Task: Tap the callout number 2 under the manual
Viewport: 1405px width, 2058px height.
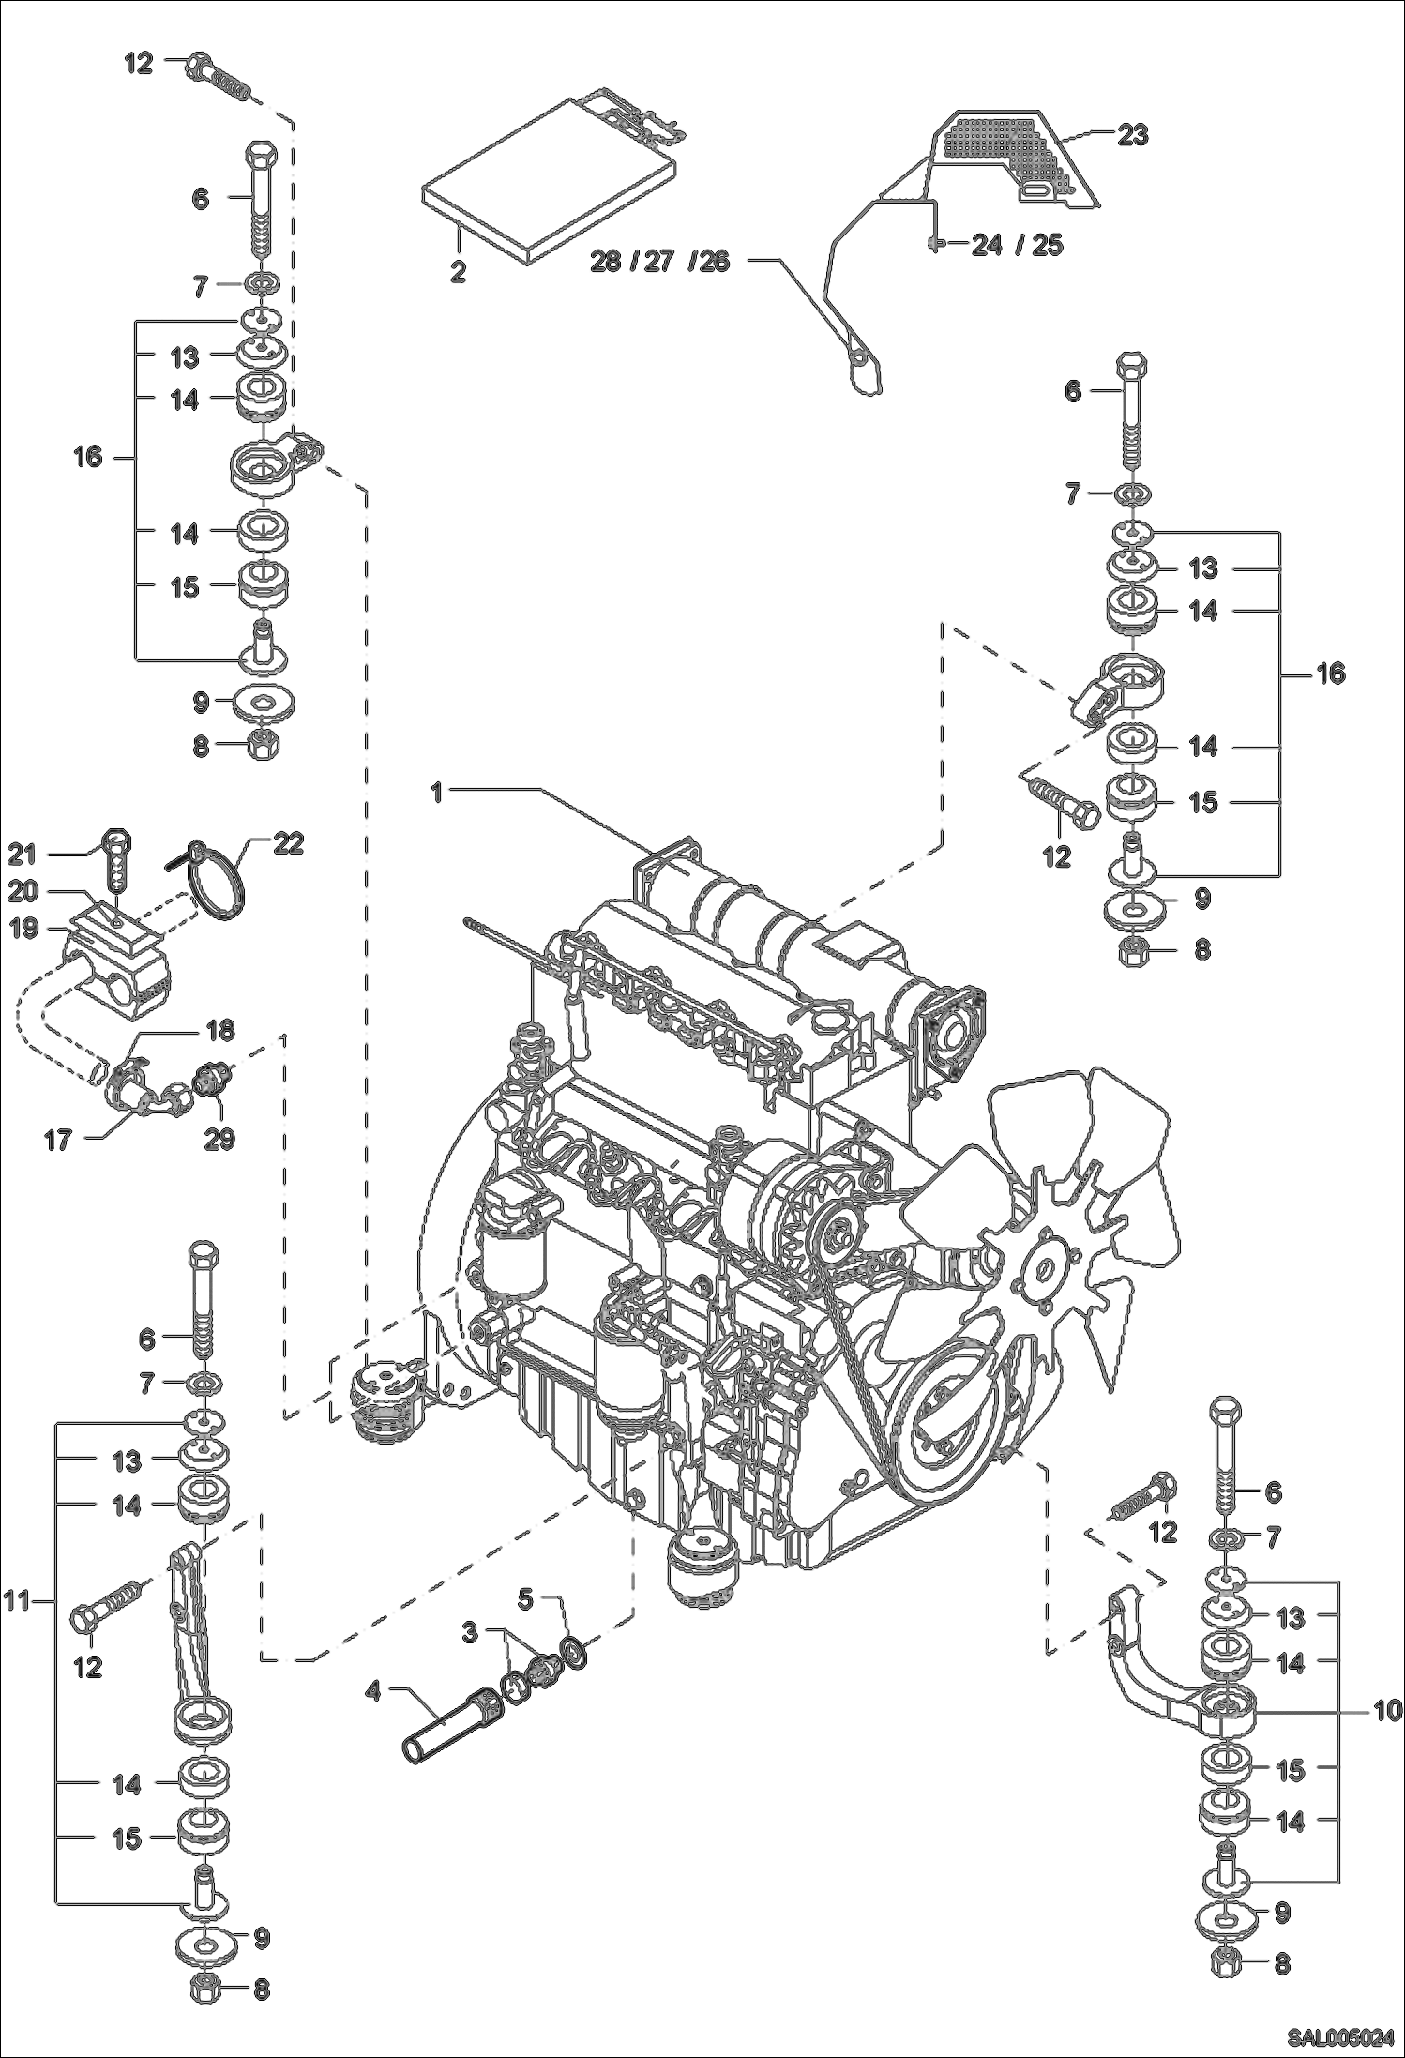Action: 458,271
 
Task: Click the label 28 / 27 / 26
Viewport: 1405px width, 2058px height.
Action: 659,261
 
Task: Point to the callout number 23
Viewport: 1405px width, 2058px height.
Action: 1132,135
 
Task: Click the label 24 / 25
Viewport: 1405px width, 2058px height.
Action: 1017,245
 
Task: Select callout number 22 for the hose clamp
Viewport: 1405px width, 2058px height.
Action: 288,843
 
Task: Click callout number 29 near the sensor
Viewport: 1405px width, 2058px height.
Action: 221,1139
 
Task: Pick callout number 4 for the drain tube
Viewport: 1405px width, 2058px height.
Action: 373,1691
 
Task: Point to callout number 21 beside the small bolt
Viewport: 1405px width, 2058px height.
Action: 22,854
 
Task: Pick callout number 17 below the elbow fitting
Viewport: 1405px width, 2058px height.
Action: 58,1142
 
